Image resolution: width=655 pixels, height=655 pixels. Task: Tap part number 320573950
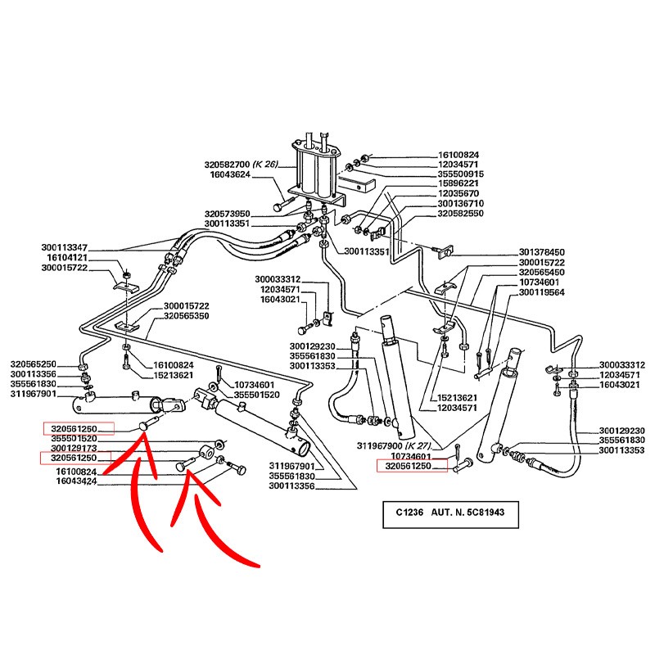(x=228, y=213)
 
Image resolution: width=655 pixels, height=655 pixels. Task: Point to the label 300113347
(x=64, y=247)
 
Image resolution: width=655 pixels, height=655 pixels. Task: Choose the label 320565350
(x=186, y=316)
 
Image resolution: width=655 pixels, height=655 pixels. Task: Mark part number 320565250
(x=33, y=364)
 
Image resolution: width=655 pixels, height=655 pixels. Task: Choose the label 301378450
(x=541, y=252)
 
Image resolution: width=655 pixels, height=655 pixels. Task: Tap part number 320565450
(x=541, y=272)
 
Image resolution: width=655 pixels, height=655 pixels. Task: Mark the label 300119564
(x=541, y=291)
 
